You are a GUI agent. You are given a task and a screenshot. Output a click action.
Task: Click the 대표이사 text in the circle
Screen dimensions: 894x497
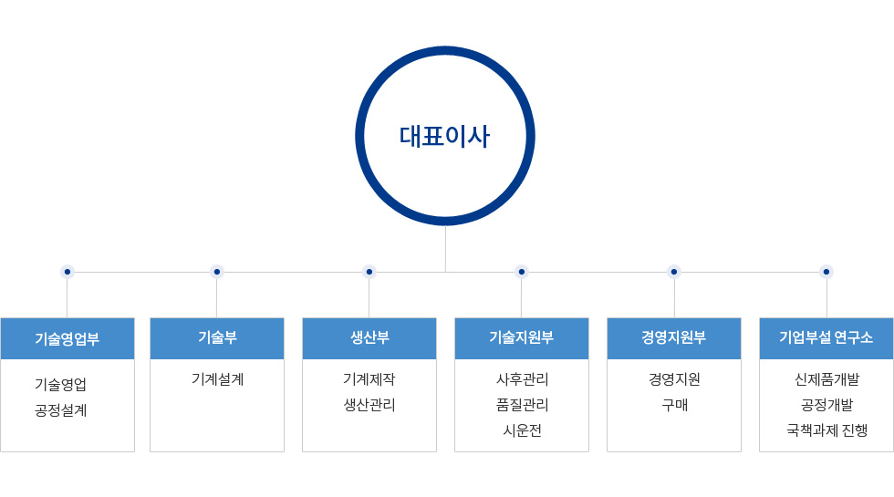(445, 137)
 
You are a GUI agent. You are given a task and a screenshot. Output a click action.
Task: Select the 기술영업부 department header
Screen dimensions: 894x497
(68, 338)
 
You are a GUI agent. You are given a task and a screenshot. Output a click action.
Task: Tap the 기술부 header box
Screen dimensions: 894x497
(217, 338)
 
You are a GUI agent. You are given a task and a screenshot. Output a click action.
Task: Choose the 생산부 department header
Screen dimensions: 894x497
(369, 338)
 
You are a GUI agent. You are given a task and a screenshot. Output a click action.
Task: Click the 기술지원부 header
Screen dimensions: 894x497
(522, 338)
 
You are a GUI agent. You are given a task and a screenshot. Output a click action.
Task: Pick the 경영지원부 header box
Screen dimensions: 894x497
(674, 338)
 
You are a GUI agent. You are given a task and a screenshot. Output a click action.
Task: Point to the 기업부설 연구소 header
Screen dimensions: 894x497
(826, 338)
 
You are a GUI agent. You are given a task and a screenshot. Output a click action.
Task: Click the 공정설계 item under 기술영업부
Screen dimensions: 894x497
(60, 410)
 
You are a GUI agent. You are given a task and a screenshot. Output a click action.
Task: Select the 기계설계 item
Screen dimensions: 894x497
(217, 379)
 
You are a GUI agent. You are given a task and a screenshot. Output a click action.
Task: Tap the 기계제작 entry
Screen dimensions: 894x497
(369, 379)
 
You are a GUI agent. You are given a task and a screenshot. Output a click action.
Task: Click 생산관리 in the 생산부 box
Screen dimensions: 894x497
(369, 405)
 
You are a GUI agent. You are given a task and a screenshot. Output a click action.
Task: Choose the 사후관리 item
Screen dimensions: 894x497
(522, 379)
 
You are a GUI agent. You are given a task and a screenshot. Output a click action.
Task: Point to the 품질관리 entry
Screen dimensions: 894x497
(522, 405)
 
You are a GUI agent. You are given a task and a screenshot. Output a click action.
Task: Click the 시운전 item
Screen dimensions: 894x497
(522, 430)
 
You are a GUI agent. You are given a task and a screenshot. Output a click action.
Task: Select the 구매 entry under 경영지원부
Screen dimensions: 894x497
(674, 405)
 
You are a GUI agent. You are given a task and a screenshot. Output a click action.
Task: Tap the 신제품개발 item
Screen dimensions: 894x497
(826, 379)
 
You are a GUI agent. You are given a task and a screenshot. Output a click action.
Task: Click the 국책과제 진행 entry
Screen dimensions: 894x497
(826, 430)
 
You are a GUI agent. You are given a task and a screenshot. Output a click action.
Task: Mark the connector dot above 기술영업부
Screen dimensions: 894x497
(68, 272)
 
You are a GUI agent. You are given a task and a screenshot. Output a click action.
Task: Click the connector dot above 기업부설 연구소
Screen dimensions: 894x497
(826, 272)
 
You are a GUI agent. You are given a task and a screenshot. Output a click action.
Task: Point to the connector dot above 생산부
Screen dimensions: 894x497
(369, 272)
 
